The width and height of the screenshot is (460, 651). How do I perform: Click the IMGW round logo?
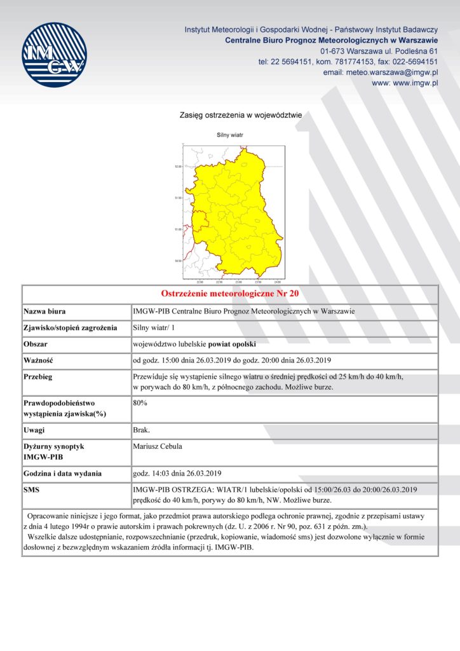click(x=54, y=55)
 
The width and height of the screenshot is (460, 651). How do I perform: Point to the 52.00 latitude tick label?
click(x=178, y=167)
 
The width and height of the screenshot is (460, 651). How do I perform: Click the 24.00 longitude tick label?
click(x=277, y=282)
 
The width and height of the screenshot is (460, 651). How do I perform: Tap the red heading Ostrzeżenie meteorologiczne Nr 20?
click(x=230, y=294)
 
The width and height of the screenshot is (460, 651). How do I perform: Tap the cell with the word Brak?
click(x=141, y=430)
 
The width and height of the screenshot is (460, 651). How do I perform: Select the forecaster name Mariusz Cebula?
click(x=158, y=446)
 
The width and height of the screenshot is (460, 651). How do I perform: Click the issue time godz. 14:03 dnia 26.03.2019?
click(x=177, y=474)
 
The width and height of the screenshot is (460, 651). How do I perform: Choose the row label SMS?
click(x=32, y=490)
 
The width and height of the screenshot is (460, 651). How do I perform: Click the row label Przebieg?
click(x=39, y=377)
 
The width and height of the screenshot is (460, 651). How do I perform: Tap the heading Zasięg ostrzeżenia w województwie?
click(x=241, y=116)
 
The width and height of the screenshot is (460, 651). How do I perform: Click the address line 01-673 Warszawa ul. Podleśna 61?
click(x=379, y=51)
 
